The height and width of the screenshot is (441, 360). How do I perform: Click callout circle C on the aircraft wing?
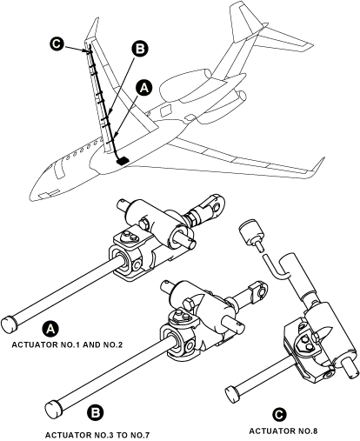pyautogui.click(x=57, y=44)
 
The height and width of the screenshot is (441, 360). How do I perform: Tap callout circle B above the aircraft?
pyautogui.click(x=140, y=50)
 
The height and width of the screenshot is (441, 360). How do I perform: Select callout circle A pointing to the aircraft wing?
pyautogui.click(x=144, y=88)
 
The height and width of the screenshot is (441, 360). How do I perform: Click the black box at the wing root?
pyautogui.click(x=123, y=160)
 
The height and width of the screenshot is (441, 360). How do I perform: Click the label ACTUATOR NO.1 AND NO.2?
pyautogui.click(x=67, y=344)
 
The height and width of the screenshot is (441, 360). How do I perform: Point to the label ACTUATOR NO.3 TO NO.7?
pyautogui.click(x=97, y=435)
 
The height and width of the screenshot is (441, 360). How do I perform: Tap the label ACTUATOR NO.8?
pyautogui.click(x=283, y=431)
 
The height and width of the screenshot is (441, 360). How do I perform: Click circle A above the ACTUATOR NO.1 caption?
pyautogui.click(x=51, y=329)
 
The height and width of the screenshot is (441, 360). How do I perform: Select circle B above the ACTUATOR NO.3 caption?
pyautogui.click(x=96, y=413)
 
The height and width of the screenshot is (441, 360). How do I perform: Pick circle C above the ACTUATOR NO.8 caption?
pyautogui.click(x=279, y=415)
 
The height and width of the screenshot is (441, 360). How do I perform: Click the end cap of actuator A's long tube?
pyautogui.click(x=10, y=323)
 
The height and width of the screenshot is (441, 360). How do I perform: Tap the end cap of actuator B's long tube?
pyautogui.click(x=54, y=409)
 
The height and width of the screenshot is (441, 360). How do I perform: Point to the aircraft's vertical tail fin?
pyautogui.click(x=244, y=26)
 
